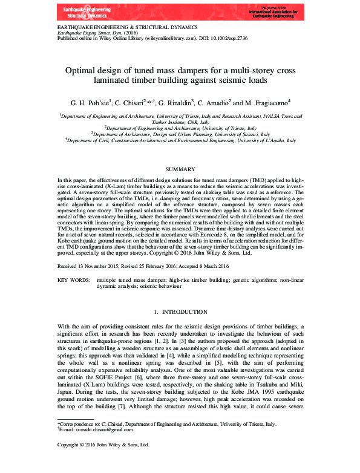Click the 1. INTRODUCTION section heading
click(x=180, y=312)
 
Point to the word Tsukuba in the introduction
click(x=267, y=382)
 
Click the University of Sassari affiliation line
click(x=179, y=134)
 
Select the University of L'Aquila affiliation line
click(x=180, y=140)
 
